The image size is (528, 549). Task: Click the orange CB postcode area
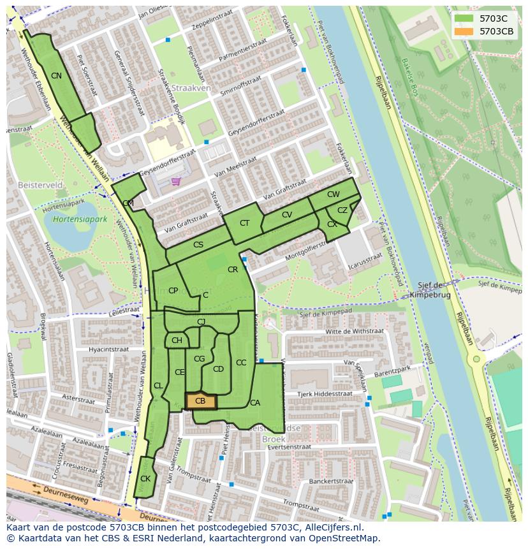pyautogui.click(x=201, y=401)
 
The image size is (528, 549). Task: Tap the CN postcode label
pyautogui.click(x=56, y=76)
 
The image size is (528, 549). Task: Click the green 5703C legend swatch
pyautogui.click(x=464, y=18)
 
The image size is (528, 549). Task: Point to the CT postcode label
pyautogui.click(x=245, y=223)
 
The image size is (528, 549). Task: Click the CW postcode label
pyautogui.click(x=334, y=194)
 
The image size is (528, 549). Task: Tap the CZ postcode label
pyautogui.click(x=342, y=210)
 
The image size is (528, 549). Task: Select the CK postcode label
pyautogui.click(x=145, y=479)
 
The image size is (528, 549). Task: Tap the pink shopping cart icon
pyautogui.click(x=175, y=181)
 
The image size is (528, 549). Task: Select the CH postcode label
pyautogui.click(x=177, y=340)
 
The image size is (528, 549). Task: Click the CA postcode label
pyautogui.click(x=255, y=403)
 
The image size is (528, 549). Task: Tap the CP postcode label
pyautogui.click(x=173, y=291)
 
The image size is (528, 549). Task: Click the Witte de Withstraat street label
pyautogui.click(x=355, y=332)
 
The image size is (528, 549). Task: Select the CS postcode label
pyautogui.click(x=198, y=245)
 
